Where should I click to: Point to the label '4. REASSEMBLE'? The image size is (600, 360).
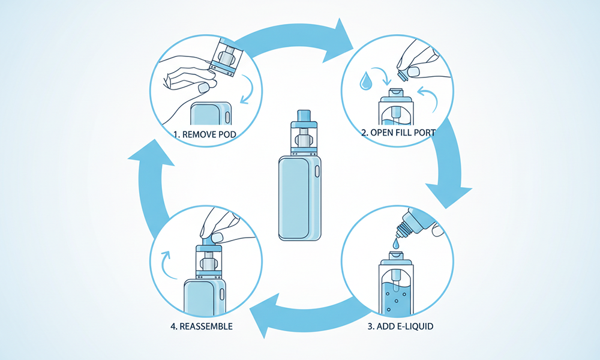coord(201,327)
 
